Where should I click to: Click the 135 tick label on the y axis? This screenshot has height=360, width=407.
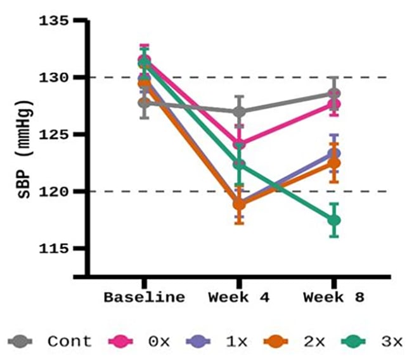click(x=54, y=21)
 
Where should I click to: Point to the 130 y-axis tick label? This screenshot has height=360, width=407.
click(x=54, y=77)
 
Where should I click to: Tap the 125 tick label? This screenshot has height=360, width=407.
click(x=54, y=135)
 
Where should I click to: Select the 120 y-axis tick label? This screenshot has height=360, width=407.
click(x=54, y=192)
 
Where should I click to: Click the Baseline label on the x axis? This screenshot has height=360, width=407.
click(x=145, y=297)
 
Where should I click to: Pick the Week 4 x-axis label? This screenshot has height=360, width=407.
click(x=239, y=297)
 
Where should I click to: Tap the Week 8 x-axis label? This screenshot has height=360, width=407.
click(x=334, y=297)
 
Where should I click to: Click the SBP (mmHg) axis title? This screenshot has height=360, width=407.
click(x=25, y=149)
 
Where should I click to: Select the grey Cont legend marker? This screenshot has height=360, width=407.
click(x=20, y=342)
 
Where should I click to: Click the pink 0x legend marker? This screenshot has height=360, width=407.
click(x=120, y=342)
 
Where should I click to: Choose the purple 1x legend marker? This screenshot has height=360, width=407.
click(x=198, y=342)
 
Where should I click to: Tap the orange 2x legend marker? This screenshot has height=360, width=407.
click(x=276, y=342)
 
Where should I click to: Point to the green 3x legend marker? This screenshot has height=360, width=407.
click(x=353, y=342)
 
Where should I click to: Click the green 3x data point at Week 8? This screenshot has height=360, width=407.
click(x=334, y=221)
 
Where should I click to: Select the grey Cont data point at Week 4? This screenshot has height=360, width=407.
click(x=240, y=112)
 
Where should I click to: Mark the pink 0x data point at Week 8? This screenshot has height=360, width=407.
click(x=334, y=105)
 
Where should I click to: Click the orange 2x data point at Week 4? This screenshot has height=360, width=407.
click(x=240, y=205)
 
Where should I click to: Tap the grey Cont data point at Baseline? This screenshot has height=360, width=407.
click(x=145, y=103)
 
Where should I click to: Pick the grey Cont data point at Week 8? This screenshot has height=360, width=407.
click(x=334, y=93)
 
